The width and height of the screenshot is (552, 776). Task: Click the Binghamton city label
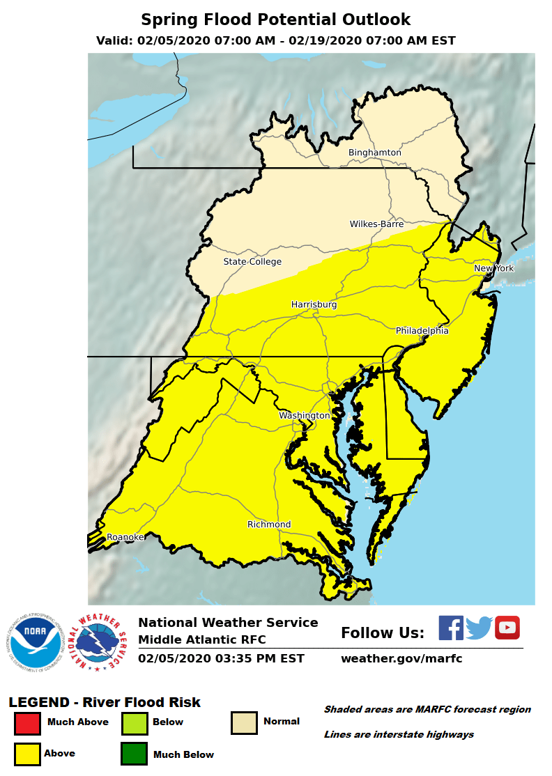tap(375, 153)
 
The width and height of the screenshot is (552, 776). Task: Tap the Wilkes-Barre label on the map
tap(376, 224)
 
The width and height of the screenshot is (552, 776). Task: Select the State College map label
tap(252, 262)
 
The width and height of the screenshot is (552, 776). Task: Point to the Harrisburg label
tap(314, 305)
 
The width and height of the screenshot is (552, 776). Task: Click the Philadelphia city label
tap(422, 330)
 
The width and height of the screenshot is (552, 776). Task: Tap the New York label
tap(493, 268)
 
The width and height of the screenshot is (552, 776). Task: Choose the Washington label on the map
tap(305, 416)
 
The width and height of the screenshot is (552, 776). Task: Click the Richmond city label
tap(269, 525)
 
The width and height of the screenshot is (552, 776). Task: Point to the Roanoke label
tap(125, 537)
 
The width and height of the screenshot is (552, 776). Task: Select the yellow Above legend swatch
tap(27, 754)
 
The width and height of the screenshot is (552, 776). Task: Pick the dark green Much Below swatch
tap(134, 754)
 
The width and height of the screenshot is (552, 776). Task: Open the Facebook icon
tap(451, 628)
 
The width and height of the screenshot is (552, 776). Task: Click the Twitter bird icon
tap(480, 628)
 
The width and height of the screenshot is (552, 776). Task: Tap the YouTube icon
tap(507, 628)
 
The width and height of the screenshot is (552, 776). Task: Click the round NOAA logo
tap(37, 643)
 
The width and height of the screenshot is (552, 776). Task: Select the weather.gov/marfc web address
tap(401, 659)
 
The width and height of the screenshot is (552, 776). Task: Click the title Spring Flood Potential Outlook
tap(276, 20)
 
